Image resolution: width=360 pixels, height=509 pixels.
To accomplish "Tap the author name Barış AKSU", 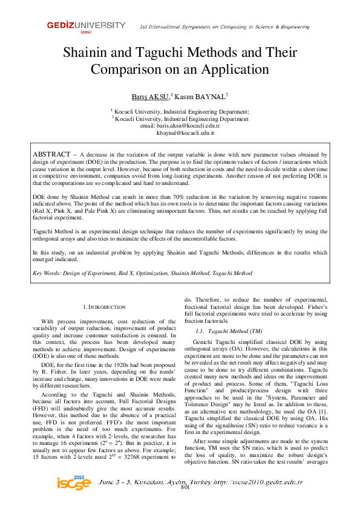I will (151, 96).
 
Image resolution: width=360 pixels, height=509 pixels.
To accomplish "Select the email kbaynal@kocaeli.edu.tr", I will (180, 132).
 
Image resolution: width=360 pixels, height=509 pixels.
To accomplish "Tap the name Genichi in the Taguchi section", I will (206, 343).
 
